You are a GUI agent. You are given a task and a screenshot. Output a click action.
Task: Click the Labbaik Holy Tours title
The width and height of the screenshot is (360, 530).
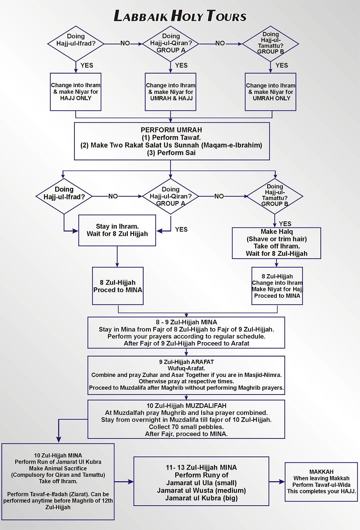click(180, 16)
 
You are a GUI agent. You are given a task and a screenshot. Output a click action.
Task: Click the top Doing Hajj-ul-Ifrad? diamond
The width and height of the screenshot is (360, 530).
click(76, 43)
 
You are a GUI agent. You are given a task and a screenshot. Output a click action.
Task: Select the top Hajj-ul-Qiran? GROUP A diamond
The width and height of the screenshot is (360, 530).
click(171, 43)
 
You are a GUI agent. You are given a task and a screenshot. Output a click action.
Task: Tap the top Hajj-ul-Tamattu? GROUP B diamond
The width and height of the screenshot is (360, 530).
click(271, 43)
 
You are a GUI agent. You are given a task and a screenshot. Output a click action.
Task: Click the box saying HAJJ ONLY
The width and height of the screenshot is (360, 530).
click(76, 92)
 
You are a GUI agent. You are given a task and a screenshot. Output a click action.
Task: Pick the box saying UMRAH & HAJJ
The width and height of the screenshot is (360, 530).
click(171, 92)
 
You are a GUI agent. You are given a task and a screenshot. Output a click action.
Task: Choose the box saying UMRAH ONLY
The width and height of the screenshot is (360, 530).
click(271, 92)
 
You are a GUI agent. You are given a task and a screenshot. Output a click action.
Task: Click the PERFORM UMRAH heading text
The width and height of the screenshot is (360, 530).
click(171, 130)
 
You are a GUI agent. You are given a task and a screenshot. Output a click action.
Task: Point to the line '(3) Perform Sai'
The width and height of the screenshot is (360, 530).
click(171, 153)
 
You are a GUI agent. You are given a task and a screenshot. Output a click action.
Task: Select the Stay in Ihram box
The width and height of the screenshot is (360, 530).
click(117, 230)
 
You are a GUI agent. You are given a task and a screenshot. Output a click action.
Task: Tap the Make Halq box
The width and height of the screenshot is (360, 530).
click(277, 243)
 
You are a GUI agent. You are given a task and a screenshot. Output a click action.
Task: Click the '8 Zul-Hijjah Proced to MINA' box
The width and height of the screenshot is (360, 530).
click(118, 286)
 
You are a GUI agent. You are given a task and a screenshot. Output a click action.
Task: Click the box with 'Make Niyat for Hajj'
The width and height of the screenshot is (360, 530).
click(277, 286)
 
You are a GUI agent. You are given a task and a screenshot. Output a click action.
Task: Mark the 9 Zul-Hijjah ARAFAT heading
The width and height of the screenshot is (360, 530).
click(186, 362)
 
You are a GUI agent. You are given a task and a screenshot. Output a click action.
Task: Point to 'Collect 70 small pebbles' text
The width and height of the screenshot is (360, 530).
click(186, 427)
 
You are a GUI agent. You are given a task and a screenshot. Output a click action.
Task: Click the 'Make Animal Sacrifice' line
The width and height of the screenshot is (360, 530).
click(58, 468)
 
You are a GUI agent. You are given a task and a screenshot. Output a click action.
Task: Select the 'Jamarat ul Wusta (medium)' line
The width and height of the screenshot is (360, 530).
click(201, 490)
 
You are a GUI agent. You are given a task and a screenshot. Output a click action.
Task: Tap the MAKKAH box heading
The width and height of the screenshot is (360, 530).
click(321, 472)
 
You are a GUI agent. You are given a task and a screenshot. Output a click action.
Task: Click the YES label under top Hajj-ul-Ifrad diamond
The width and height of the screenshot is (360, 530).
click(87, 65)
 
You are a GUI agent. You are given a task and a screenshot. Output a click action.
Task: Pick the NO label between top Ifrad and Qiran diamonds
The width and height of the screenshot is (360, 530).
click(125, 43)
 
